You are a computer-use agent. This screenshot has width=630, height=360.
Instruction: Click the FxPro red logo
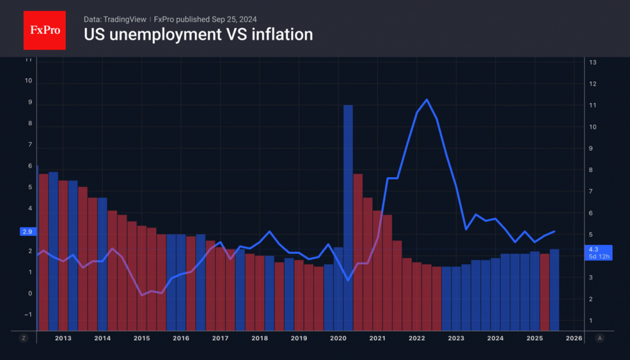point(44,29)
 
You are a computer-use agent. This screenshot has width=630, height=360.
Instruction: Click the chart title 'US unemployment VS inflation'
point(198,34)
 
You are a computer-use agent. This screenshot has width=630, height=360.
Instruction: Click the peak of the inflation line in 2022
point(426,100)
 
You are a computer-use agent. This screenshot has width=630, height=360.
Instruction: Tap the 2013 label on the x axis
point(63,338)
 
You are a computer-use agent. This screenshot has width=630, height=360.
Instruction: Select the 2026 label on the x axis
point(573,338)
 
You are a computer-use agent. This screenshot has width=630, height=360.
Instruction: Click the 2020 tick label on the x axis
point(338,338)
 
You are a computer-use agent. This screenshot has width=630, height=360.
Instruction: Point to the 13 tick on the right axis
point(593,63)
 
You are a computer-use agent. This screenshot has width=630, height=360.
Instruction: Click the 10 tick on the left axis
point(28,81)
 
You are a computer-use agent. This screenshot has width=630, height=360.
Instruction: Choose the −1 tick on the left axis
point(28,314)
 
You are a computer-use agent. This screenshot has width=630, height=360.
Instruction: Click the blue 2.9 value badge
point(26,231)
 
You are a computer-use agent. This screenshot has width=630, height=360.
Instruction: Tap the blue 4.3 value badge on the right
point(599,252)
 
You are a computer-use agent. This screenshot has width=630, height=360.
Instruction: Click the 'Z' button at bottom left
point(24,338)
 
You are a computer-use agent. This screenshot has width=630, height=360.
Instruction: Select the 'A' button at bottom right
point(599,338)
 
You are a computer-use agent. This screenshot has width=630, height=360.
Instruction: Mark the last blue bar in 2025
point(554,289)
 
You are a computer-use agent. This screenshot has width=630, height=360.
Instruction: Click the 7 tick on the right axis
point(592,192)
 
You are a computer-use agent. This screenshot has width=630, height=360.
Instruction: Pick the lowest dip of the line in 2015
point(142,295)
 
